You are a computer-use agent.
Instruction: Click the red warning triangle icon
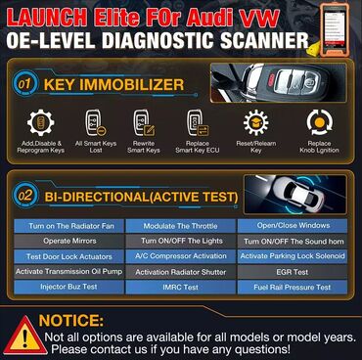[x=25, y=336]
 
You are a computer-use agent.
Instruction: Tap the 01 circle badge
[x=24, y=84]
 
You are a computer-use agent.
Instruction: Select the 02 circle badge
[x=24, y=197]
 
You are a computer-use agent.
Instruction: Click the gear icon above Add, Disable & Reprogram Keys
[x=40, y=123]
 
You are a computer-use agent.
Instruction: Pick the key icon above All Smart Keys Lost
[x=95, y=123]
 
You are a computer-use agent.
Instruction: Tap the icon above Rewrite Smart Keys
[x=144, y=123]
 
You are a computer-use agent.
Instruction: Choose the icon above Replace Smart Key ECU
[x=198, y=123]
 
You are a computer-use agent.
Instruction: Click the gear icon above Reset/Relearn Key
[x=256, y=122]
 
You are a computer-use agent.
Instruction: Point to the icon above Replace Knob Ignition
[x=320, y=122]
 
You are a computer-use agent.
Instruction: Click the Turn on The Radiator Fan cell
[x=68, y=226]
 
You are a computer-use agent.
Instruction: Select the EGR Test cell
[x=293, y=272]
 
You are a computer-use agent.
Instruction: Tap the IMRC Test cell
[x=180, y=288]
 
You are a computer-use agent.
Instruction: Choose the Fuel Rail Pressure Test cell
[x=293, y=288]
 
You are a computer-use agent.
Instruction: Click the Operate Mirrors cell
[x=68, y=242]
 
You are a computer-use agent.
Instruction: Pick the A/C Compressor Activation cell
[x=180, y=256]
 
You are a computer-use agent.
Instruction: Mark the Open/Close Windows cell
[x=293, y=226]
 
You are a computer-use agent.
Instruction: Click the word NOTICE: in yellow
[x=71, y=321]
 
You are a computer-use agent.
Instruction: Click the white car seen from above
[x=300, y=194]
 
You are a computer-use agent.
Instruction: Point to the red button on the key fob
[x=269, y=79]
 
